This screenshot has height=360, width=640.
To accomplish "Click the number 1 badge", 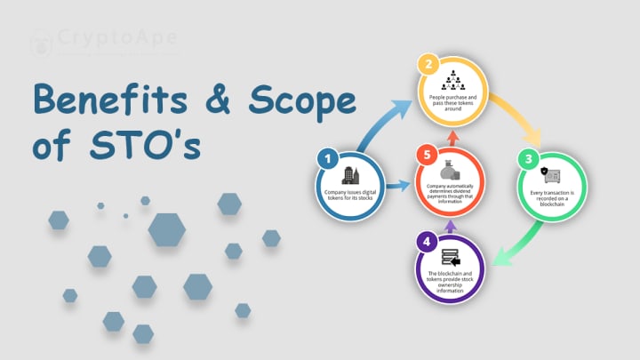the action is [328, 159].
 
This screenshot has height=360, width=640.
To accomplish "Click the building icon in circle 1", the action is [350, 176].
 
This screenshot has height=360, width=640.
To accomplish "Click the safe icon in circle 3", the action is [551, 176].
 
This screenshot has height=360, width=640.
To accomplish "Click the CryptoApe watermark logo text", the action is [115, 39].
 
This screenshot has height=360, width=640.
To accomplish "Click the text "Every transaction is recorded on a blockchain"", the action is [551, 197].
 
